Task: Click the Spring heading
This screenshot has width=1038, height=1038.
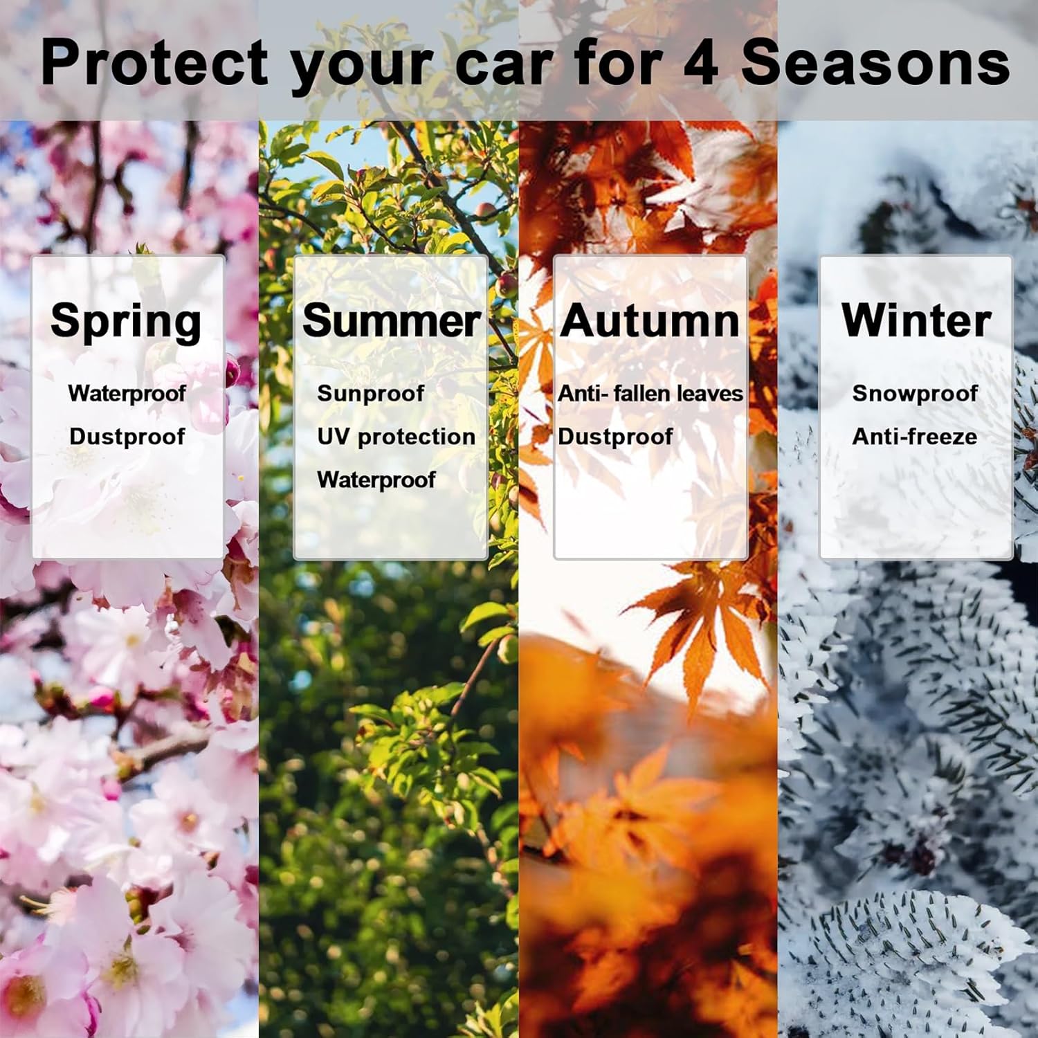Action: click(x=126, y=322)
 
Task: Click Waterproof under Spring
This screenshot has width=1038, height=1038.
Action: click(x=127, y=393)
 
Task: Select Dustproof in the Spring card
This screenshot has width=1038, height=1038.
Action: click(x=127, y=437)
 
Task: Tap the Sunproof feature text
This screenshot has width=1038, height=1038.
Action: click(x=370, y=393)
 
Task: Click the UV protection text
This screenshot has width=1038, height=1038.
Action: click(x=396, y=437)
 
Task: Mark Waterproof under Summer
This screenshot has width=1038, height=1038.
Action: click(x=376, y=480)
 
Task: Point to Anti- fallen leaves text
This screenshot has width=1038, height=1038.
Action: click(x=650, y=393)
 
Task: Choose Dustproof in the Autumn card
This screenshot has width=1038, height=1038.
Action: click(x=614, y=437)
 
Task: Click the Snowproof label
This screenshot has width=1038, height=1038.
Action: click(x=915, y=393)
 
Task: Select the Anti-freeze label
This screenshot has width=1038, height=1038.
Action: click(x=915, y=437)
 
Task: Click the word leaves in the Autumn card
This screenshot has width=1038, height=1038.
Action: click(x=709, y=393)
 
